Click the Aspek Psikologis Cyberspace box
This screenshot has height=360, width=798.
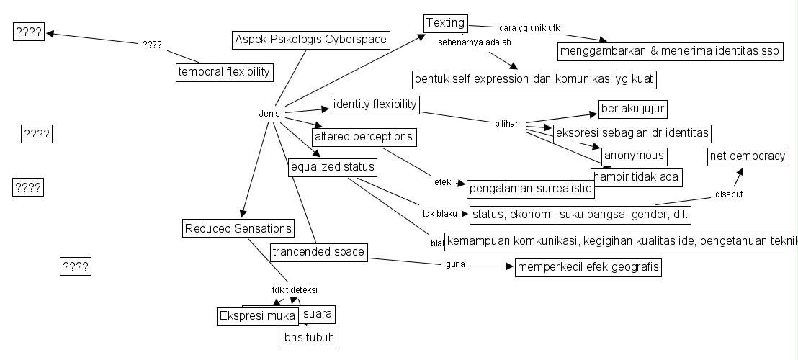click(312, 40)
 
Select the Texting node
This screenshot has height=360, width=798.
click(446, 22)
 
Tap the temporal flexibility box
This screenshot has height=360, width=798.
click(225, 71)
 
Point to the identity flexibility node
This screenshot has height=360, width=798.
click(375, 104)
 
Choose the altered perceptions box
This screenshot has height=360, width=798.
click(364, 135)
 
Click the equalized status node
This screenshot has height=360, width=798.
click(333, 168)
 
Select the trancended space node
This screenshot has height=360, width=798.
click(318, 252)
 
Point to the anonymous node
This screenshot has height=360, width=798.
click(633, 156)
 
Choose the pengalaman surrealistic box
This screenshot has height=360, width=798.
click(530, 189)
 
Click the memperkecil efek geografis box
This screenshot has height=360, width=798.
click(588, 268)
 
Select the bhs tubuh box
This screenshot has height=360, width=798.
click(309, 336)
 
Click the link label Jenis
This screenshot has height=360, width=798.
click(269, 113)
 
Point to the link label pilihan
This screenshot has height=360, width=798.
click(507, 124)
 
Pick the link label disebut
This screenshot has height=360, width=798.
click(729, 194)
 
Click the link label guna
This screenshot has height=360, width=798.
click(454, 265)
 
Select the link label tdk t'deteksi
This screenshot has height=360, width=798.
click(295, 290)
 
